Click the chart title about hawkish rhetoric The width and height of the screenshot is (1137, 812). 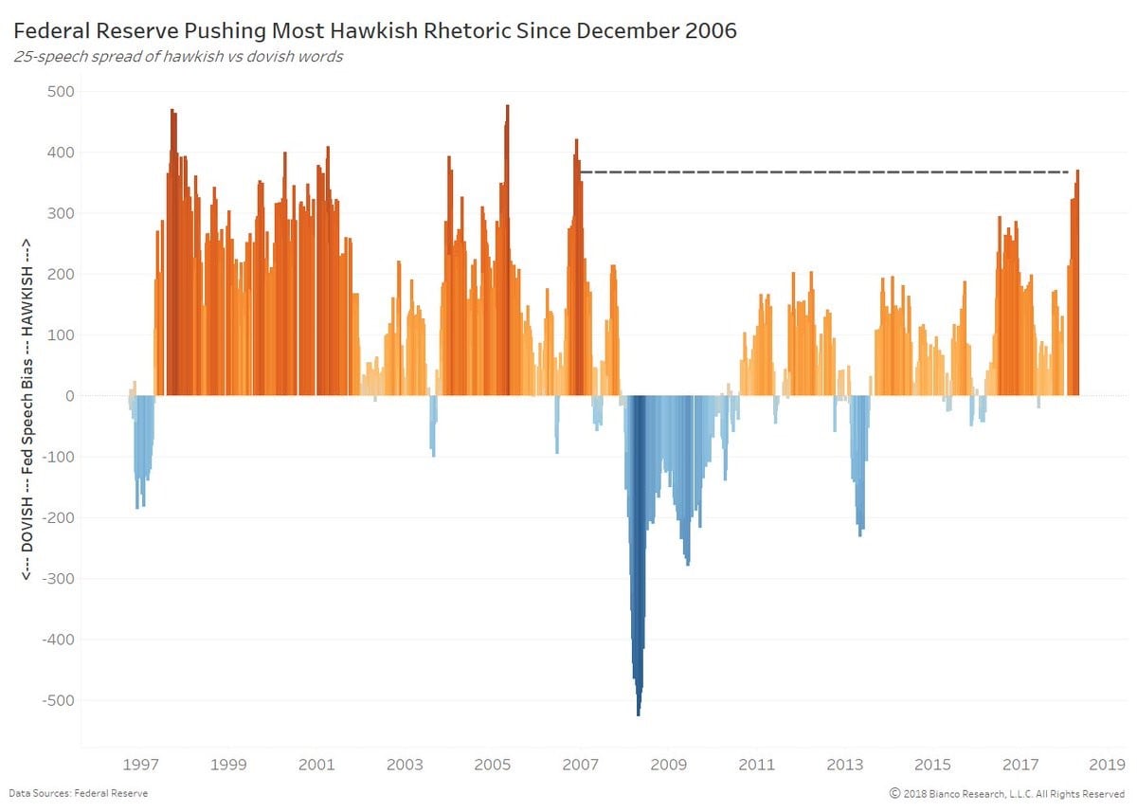[x=375, y=31]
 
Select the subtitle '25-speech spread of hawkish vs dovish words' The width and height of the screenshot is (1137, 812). [x=178, y=56]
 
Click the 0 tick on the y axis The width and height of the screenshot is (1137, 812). [x=70, y=396]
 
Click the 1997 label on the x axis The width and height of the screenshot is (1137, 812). [x=140, y=765]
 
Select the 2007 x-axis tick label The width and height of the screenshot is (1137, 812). [x=580, y=765]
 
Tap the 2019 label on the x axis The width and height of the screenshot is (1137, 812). [x=1107, y=765]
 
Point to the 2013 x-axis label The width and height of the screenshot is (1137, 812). [x=844, y=765]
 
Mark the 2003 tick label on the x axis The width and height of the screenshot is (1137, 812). [x=405, y=765]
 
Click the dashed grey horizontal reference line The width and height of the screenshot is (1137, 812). [x=824, y=172]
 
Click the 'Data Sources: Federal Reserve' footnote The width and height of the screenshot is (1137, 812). [x=79, y=793]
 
